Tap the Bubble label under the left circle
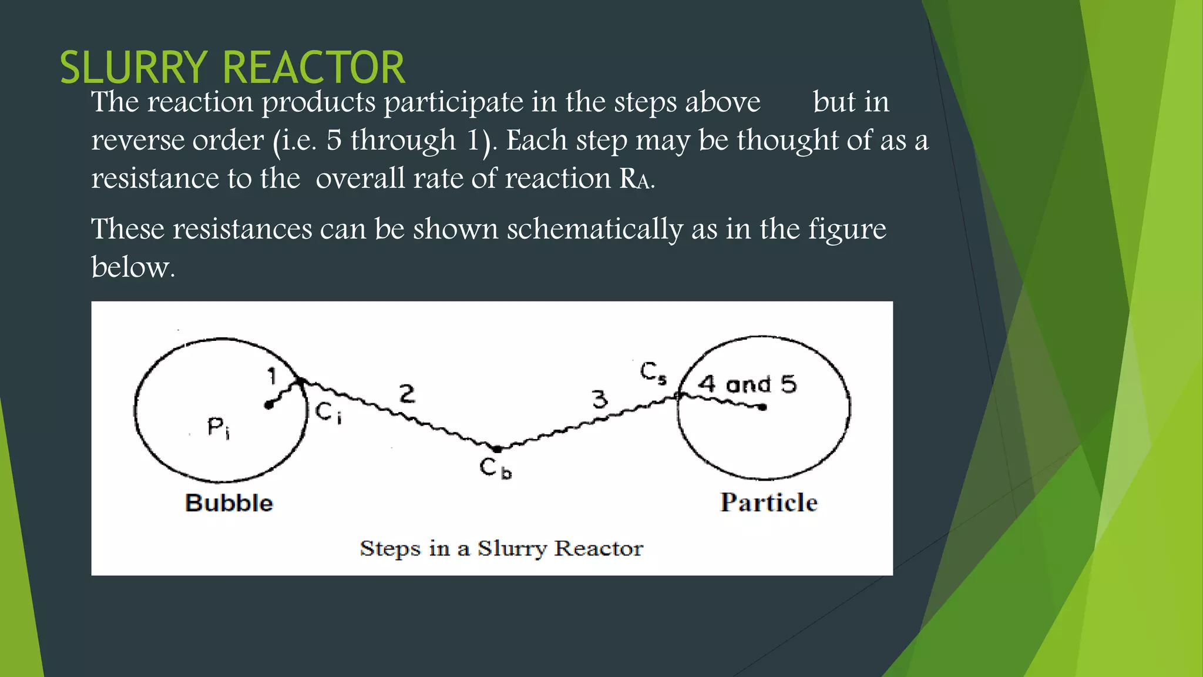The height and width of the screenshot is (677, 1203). coord(229,503)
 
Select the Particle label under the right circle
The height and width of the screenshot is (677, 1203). coord(769,502)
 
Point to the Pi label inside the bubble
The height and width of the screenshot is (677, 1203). coord(218,427)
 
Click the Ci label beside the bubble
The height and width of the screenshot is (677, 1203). coord(328,413)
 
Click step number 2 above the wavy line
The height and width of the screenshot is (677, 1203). coord(407,393)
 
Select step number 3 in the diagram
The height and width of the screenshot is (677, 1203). coord(600,399)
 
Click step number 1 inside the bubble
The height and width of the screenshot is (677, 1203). coord(271,376)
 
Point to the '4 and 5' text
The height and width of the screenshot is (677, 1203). coord(747,384)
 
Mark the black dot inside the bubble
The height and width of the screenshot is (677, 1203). coord(269,405)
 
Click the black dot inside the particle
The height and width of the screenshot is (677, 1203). coord(762,407)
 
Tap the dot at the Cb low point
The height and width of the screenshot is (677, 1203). coord(498,450)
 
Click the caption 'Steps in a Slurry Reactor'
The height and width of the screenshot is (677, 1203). coord(501,548)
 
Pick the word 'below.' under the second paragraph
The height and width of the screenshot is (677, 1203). coord(133,267)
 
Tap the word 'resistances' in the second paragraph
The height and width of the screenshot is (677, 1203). coord(242,229)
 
